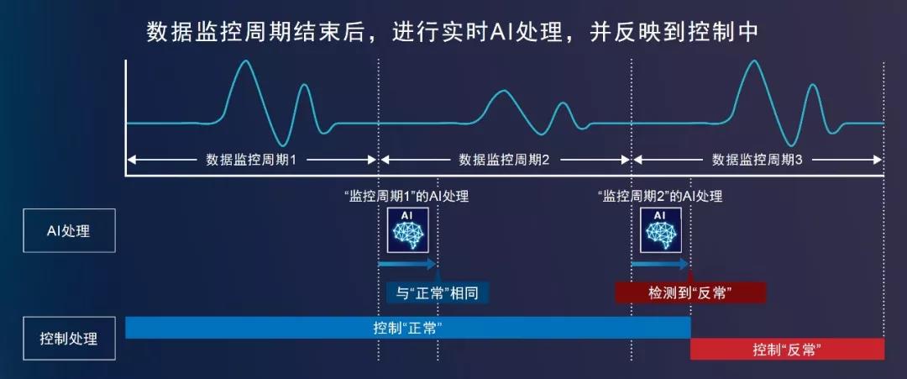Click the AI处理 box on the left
69,230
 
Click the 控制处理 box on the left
69,339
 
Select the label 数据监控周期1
251,160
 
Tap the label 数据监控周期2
504,160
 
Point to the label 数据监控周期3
758,160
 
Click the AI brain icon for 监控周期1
408,230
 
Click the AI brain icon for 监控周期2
660,230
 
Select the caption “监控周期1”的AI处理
406,196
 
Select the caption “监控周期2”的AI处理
659,196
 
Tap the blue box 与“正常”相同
438,292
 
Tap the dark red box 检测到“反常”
690,292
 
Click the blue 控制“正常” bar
408,328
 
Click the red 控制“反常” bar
787,349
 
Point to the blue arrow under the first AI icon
406,265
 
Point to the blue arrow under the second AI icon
660,265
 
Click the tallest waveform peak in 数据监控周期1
245,61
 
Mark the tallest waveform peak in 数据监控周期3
752,61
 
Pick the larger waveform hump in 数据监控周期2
501,92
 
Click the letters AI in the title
499,32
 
